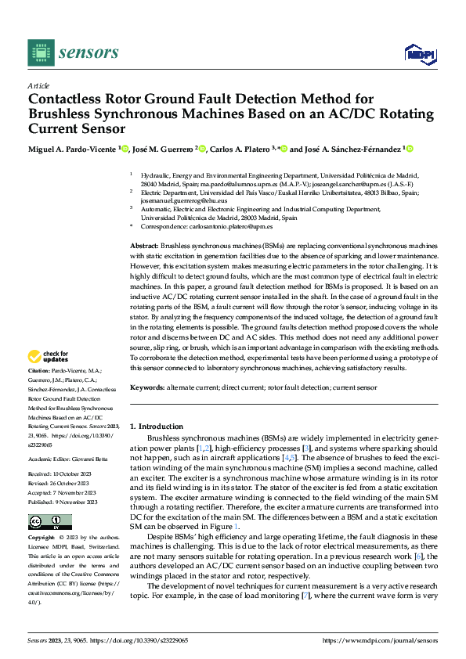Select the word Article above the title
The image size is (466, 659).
[x=38, y=85]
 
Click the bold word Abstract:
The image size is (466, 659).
[x=144, y=246]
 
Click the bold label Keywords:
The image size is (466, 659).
[x=146, y=387]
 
